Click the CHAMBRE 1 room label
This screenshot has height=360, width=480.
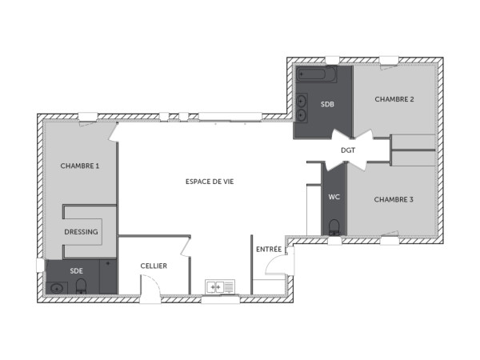point(80,166)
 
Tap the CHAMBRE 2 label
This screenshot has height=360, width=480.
point(394,99)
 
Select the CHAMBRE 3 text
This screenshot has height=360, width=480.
point(394,199)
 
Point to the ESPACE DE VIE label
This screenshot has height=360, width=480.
point(210,182)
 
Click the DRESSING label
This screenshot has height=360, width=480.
point(82,232)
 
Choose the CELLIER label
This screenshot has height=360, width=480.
point(154,266)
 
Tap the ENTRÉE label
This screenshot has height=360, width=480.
point(269,250)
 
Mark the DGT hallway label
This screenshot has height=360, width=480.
point(348,150)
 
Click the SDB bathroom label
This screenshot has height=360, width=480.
point(327,105)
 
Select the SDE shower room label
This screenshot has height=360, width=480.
point(77,270)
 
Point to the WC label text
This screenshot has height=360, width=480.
point(334,197)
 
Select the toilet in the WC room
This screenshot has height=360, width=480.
point(334,226)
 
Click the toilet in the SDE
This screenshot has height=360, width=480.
point(81,286)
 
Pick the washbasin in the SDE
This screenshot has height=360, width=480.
point(57,287)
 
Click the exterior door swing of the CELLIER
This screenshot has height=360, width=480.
point(150,286)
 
